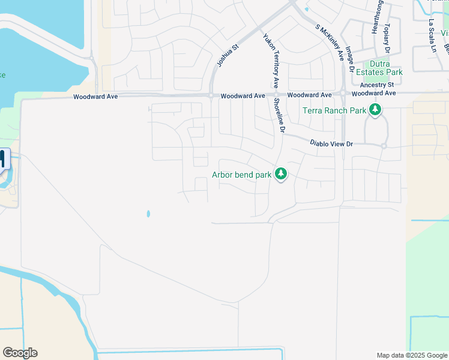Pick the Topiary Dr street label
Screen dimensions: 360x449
tap(387, 38)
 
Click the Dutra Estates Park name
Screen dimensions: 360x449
tap(378, 67)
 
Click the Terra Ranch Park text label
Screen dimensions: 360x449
tap(334, 110)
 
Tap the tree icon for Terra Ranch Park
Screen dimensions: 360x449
tap(375, 109)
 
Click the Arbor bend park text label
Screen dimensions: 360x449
tap(241, 175)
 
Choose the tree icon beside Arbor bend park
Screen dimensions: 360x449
tap(280, 174)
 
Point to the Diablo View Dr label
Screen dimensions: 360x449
tap(331, 144)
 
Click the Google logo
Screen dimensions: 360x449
tap(20, 353)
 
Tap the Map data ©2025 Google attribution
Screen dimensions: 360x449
tap(411, 355)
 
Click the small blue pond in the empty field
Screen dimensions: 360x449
tap(148, 214)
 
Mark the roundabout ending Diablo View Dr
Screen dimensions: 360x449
tap(383, 146)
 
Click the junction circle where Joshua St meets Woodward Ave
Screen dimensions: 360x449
tap(211, 95)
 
